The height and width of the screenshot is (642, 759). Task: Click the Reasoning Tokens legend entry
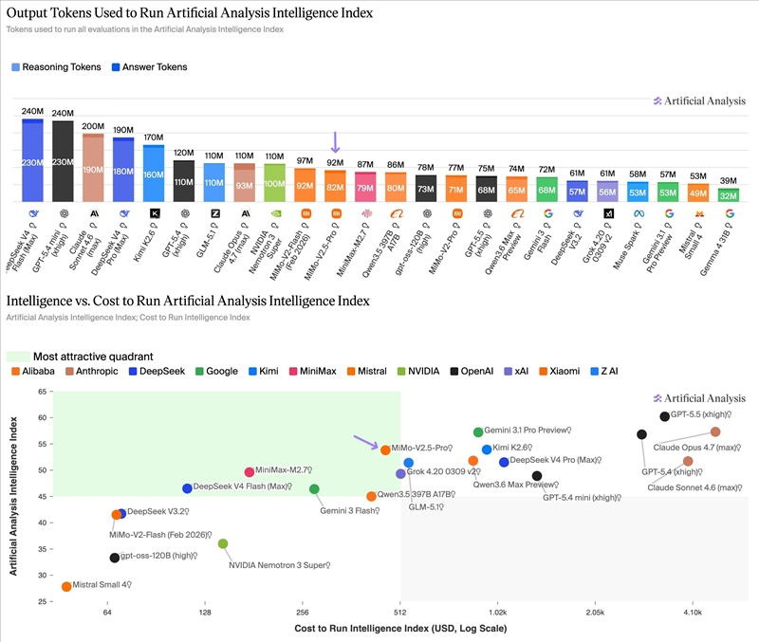55,67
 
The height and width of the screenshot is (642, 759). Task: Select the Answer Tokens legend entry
149,67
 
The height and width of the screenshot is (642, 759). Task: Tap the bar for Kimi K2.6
153,174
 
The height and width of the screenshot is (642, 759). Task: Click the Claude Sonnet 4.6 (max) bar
93,168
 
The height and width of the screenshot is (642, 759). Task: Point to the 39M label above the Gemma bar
729,180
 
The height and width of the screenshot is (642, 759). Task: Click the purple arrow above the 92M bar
335,142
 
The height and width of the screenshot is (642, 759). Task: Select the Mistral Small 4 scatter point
66,587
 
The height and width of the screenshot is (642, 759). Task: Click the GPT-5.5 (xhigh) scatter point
665,417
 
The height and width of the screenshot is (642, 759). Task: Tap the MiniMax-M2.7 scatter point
250,472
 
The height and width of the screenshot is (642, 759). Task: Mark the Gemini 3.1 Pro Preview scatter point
478,432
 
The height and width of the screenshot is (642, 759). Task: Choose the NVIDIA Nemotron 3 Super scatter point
223,544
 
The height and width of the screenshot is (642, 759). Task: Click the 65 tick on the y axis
43,392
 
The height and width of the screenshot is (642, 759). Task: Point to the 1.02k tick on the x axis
497,613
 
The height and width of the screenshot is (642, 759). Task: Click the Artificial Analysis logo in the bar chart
699,101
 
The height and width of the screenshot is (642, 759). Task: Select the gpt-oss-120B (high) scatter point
115,558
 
